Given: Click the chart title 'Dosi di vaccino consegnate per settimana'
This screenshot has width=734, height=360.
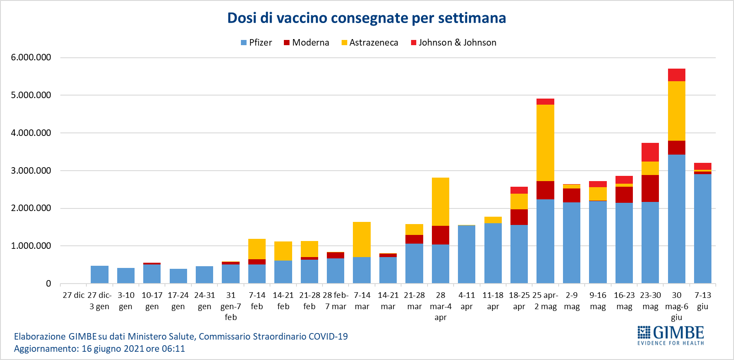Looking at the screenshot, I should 366,18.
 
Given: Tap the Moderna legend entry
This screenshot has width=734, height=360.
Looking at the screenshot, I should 306,43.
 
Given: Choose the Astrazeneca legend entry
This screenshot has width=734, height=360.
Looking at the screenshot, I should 370,43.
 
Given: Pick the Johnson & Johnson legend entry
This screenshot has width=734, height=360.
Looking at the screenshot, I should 454,43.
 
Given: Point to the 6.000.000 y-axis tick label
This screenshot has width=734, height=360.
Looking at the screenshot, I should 31,57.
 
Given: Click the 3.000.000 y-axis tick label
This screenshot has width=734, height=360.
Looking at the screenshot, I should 31,171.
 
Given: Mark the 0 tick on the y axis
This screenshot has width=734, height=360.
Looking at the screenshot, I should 49,284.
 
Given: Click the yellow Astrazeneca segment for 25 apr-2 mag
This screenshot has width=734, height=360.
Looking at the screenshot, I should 545,143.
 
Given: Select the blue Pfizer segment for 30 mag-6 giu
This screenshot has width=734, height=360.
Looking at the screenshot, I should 676,219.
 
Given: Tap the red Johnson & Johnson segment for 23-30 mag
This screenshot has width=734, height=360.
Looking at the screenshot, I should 650,152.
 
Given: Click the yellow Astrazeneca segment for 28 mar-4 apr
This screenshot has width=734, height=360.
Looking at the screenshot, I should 441,201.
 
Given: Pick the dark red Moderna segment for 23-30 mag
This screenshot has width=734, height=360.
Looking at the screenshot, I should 650,188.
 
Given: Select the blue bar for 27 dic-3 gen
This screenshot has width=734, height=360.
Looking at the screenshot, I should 99,274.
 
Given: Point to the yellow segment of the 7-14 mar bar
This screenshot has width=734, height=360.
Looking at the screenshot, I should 362,239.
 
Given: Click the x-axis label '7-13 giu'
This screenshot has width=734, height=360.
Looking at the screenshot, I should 703,301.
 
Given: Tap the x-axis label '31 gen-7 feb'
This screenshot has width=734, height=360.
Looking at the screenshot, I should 230,306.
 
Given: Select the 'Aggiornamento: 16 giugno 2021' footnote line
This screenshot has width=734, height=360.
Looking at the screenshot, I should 99,349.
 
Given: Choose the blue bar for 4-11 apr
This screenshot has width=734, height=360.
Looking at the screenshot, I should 467,254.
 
